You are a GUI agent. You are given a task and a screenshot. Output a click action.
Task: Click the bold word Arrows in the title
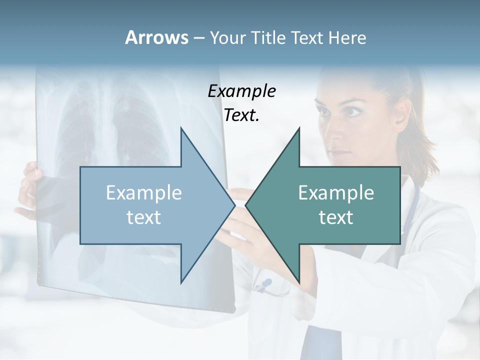click(x=156, y=37)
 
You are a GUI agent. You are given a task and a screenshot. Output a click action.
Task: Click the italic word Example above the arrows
click(x=241, y=91)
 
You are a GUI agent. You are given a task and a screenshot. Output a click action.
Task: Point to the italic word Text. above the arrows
click(x=241, y=115)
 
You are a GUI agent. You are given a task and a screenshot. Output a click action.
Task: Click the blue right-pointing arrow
click(x=150, y=205)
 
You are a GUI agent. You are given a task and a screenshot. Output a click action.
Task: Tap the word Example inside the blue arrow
click(x=144, y=193)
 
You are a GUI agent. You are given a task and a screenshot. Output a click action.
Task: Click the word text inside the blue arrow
click(x=144, y=217)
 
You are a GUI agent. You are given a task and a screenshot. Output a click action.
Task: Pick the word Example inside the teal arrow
click(x=336, y=193)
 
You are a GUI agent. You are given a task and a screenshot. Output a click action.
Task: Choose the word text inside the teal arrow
click(x=336, y=217)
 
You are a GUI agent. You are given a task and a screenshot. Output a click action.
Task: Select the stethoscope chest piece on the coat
click(x=264, y=285)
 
